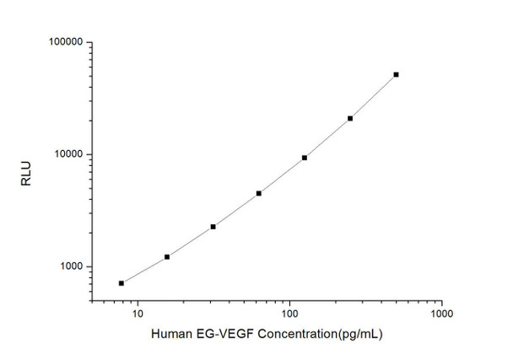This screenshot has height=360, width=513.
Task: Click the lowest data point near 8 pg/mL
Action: (x=121, y=283)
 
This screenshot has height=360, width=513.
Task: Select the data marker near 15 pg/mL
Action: (x=167, y=256)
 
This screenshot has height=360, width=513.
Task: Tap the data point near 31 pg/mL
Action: (x=213, y=227)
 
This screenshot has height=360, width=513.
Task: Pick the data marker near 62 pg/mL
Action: (x=259, y=193)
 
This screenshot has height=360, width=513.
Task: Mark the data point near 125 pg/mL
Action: (x=305, y=158)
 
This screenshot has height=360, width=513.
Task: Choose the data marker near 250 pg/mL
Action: (x=350, y=118)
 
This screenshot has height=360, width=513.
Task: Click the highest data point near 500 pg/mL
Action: (x=396, y=74)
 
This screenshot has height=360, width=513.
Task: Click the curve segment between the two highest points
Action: (x=374, y=96)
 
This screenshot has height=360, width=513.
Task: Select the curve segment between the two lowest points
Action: (x=144, y=271)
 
